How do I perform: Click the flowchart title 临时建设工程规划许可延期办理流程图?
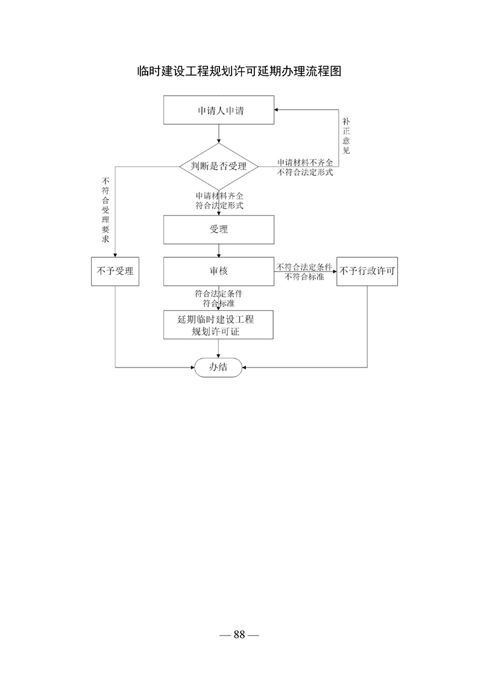point(239,71)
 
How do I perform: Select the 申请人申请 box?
point(219,110)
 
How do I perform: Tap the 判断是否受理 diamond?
point(219,166)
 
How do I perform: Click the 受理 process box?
point(219,230)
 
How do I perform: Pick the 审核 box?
point(219,272)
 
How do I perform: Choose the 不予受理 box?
point(115,272)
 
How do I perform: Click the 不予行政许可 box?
point(367,272)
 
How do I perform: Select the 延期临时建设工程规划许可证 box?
point(218,325)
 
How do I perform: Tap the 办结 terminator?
point(218,368)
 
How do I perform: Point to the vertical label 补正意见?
point(347,136)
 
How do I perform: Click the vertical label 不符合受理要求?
point(105,210)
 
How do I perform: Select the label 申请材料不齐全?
point(305,163)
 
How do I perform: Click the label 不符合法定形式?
point(305,172)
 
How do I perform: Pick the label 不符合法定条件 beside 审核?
point(304,268)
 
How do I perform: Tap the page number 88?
point(239,634)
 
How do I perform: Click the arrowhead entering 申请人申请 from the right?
point(277,110)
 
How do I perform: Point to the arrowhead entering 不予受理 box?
point(115,254)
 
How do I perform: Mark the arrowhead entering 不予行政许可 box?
point(334,272)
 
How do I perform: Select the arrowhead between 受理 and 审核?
point(219,254)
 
